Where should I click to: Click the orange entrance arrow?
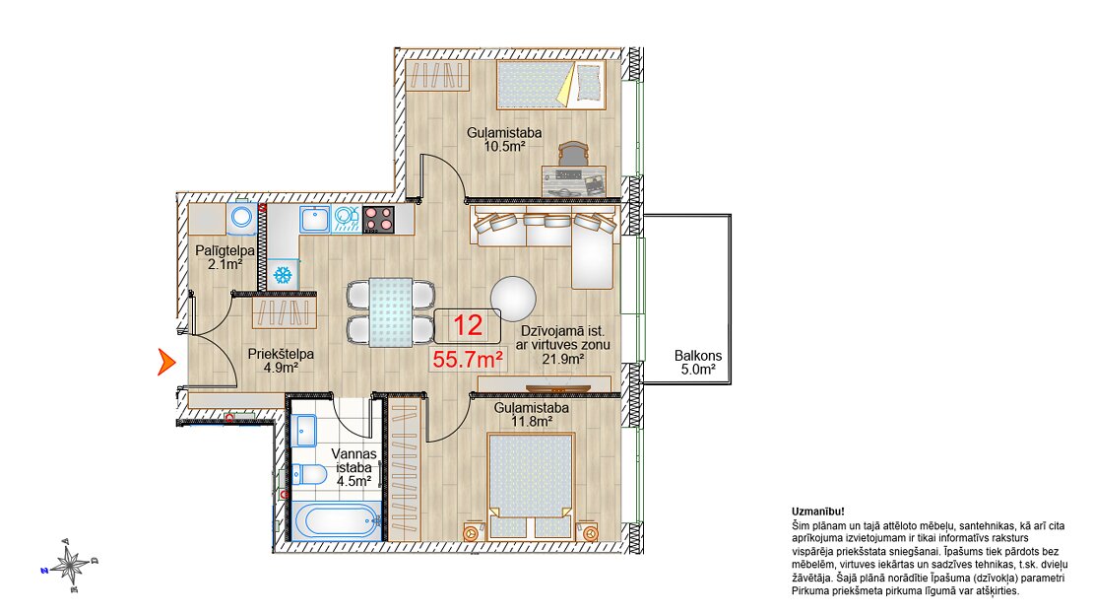165,362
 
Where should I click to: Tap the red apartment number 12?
468,325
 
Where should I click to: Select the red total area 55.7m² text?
469,360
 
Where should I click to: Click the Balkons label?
698,356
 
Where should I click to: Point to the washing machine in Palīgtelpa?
242,217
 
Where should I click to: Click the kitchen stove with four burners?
378,219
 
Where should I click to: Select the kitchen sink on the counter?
315,219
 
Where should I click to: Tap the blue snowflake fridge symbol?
283,274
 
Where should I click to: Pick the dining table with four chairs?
390,311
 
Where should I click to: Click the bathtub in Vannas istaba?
336,521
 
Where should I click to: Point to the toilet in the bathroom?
309,475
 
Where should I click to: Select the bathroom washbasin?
304,430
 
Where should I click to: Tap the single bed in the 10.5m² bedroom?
550,84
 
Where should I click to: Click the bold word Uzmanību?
817,512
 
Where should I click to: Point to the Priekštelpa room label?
281,354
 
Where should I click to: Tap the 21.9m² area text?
563,360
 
